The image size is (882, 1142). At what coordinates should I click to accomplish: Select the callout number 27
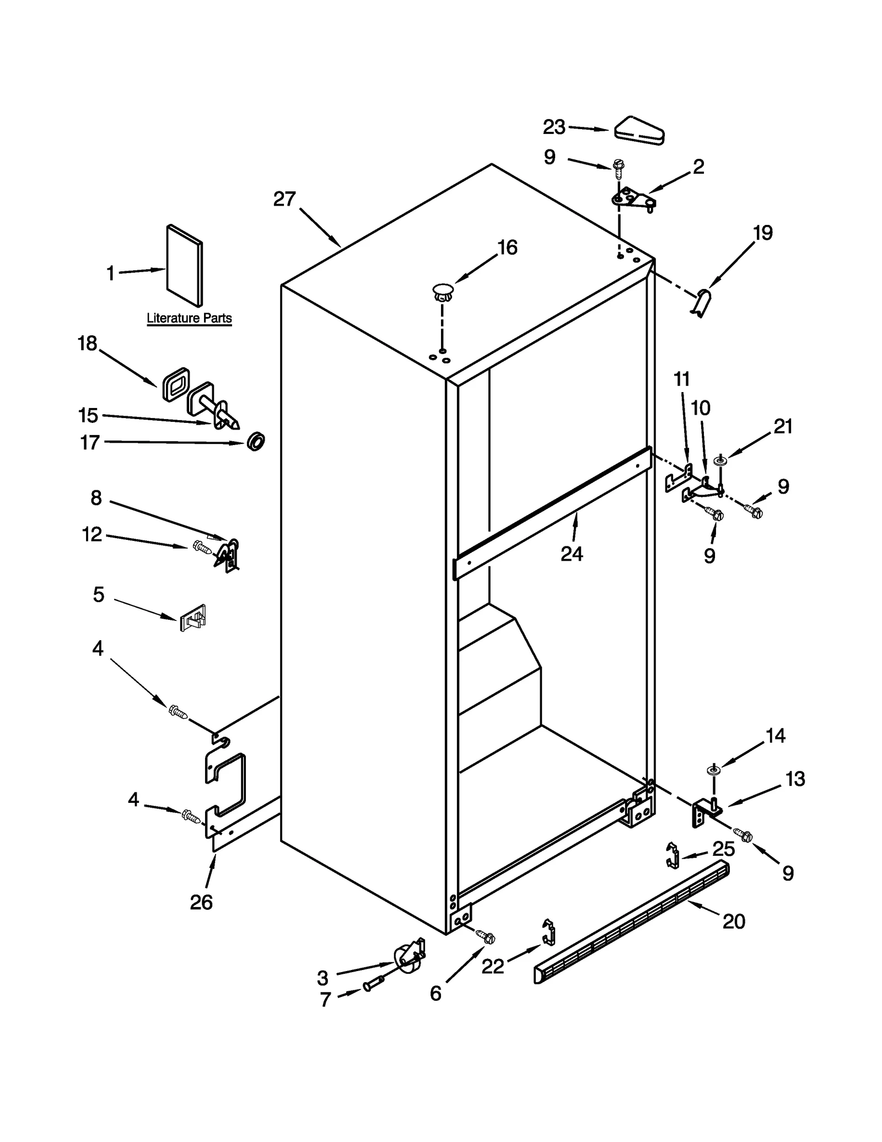point(284,199)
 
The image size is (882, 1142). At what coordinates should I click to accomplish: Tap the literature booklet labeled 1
point(185,265)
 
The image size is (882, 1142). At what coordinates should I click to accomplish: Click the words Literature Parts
point(189,318)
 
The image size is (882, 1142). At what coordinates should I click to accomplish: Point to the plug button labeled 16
point(443,291)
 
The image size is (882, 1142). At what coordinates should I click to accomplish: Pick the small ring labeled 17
point(256,442)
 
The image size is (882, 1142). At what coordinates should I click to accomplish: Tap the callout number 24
point(572,554)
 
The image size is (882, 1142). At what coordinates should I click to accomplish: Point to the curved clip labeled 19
point(702,303)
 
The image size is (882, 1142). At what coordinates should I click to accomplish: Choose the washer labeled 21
point(720,460)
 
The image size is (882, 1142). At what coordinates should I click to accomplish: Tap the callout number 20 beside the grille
point(734,921)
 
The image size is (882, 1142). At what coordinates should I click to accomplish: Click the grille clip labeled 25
point(672,855)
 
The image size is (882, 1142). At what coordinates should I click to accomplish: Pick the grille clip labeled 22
point(548,932)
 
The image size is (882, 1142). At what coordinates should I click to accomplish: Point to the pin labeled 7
point(373,983)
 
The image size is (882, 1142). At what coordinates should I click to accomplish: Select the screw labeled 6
point(485,936)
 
